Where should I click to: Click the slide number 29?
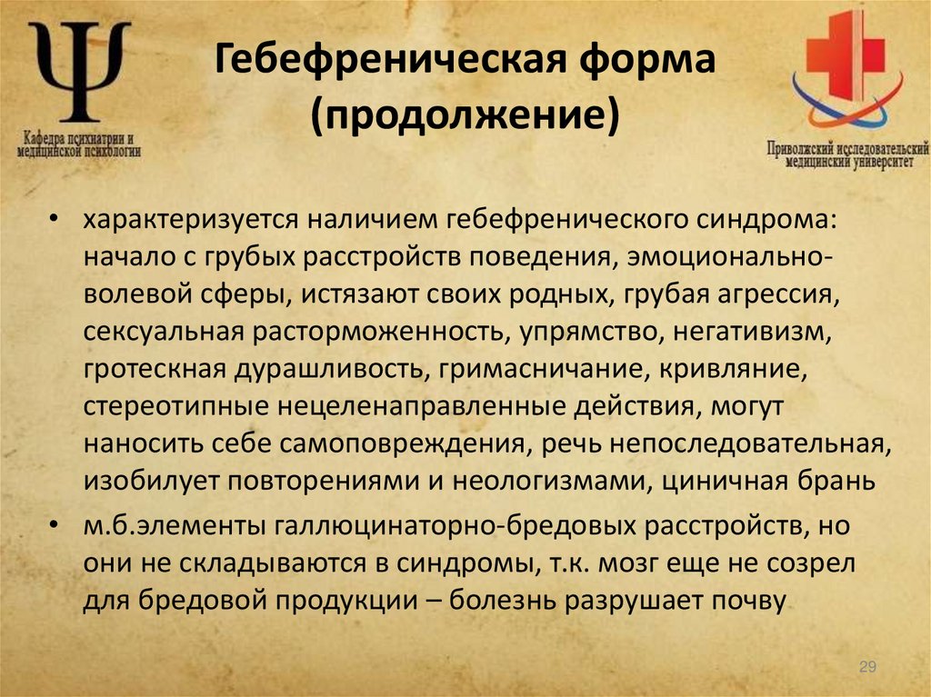tap(866, 668)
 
